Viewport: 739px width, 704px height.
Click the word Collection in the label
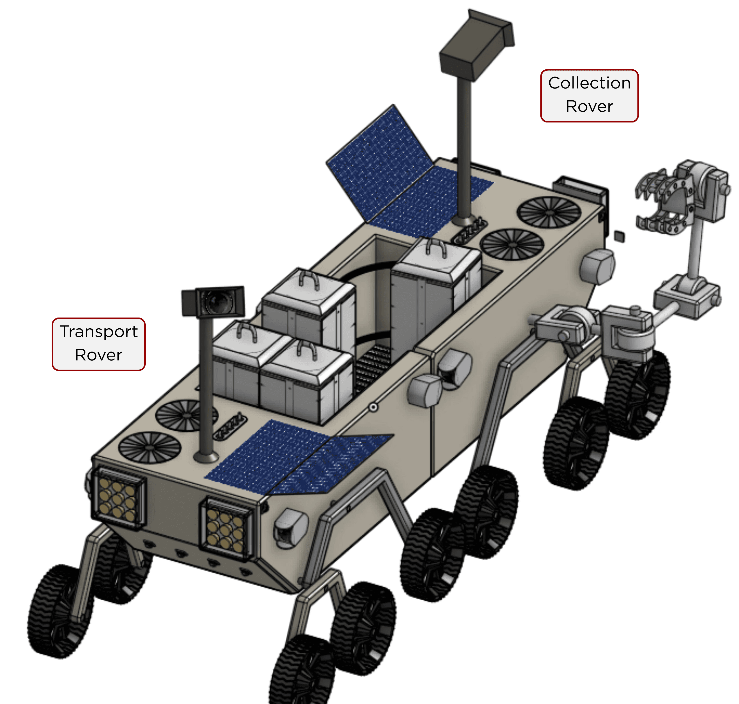[589, 83]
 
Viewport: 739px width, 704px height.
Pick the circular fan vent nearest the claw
[549, 212]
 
